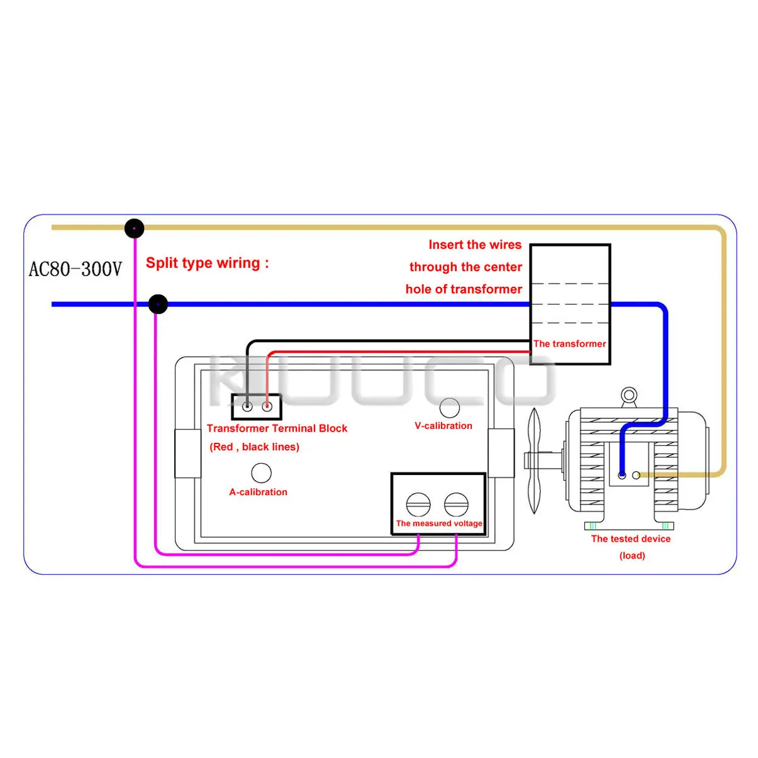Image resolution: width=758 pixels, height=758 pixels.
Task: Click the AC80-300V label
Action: (75, 269)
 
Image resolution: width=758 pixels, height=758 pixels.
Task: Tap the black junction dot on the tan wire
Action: (134, 228)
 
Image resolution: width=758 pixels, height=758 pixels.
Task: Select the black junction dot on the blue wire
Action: (158, 304)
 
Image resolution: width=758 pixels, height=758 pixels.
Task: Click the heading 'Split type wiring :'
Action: (207, 263)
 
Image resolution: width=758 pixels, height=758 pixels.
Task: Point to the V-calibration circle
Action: (450, 408)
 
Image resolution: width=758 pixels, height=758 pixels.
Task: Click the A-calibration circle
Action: (261, 473)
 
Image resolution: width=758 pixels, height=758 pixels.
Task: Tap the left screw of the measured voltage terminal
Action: (418, 504)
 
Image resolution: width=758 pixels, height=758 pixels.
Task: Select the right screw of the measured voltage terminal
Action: (456, 504)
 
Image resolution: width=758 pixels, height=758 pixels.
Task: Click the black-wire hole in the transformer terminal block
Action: (247, 407)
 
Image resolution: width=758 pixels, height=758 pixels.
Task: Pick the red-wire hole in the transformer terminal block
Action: (267, 407)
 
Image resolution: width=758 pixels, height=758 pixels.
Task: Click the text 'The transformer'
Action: (569, 343)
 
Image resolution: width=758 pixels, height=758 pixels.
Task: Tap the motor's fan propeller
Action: (534, 460)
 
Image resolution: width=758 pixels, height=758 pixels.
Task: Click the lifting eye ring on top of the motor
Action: (628, 396)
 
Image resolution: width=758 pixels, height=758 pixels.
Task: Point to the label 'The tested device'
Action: (630, 539)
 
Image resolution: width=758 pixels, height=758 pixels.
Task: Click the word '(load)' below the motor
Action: (632, 555)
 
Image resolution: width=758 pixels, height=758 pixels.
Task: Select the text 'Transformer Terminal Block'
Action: (277, 428)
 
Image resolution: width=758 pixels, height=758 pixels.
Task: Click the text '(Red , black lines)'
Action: (254, 447)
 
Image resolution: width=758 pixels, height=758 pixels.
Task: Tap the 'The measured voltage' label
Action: (439, 523)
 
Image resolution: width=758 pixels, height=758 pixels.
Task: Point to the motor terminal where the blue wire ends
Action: (622, 475)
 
